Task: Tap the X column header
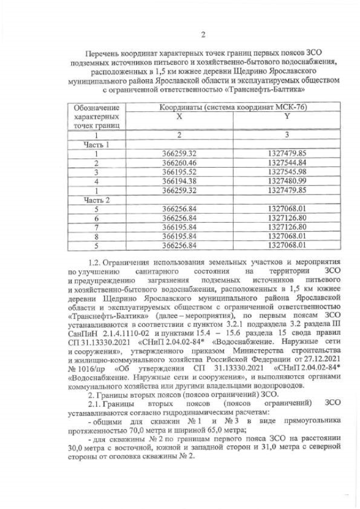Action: pyautogui.click(x=179, y=116)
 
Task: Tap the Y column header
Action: pyautogui.click(x=287, y=116)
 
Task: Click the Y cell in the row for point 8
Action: pyautogui.click(x=287, y=236)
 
